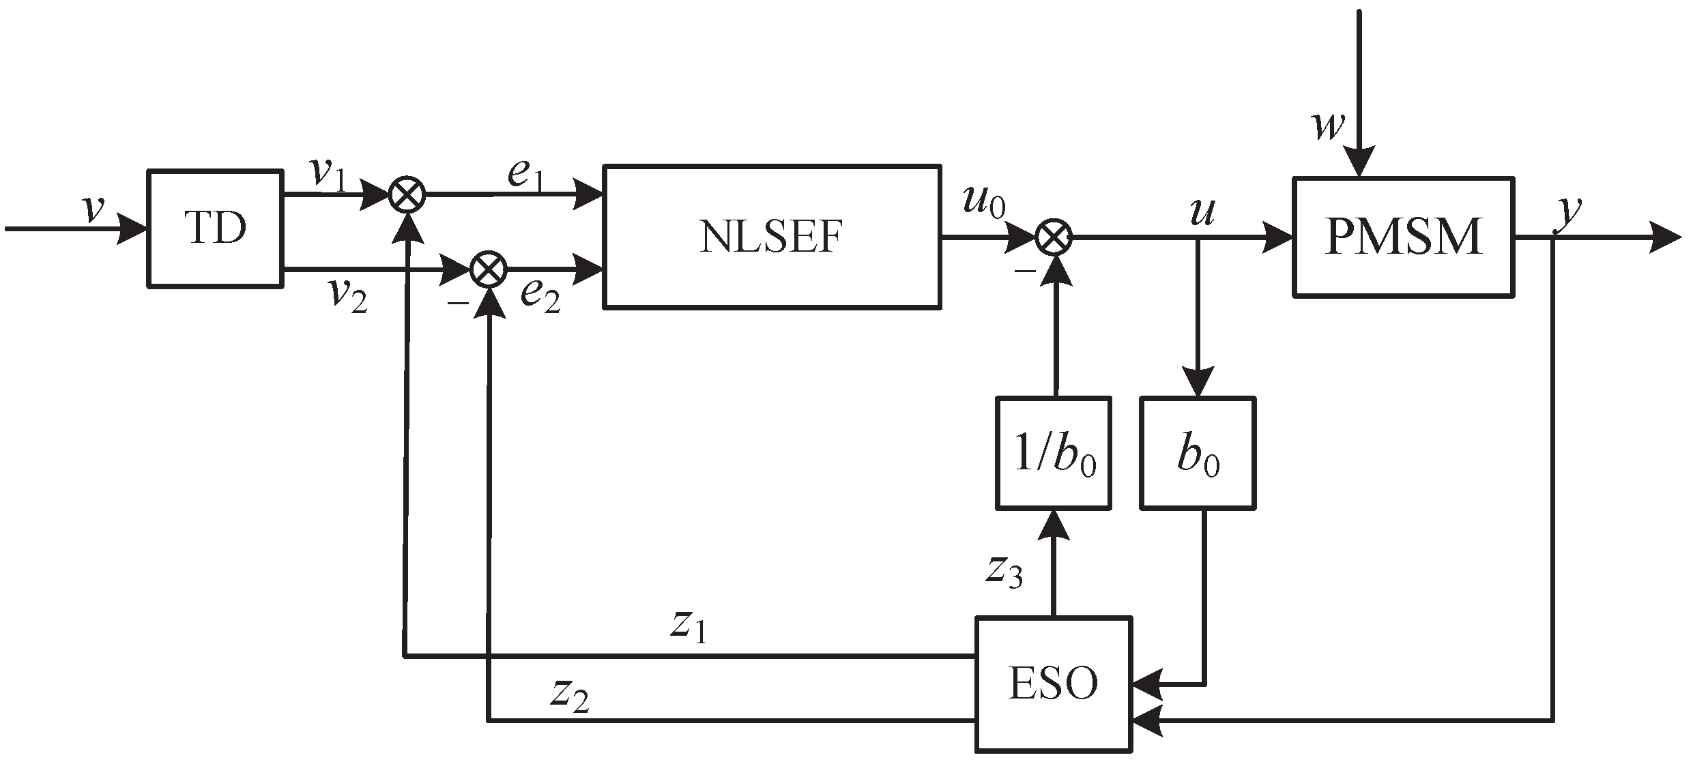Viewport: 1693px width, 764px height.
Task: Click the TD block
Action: (216, 229)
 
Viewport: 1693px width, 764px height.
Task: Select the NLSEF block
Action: (772, 237)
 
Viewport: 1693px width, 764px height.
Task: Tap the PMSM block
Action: (1403, 237)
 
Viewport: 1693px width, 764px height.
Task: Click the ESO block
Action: (1053, 684)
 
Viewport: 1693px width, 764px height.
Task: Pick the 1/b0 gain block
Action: (1054, 454)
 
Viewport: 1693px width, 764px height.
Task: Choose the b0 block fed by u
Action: (1198, 454)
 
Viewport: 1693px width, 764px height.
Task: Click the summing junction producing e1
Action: (407, 196)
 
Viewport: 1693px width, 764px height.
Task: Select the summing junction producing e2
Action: (489, 271)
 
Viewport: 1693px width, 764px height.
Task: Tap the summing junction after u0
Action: (1054, 237)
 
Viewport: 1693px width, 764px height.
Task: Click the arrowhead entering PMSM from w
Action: (1359, 164)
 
